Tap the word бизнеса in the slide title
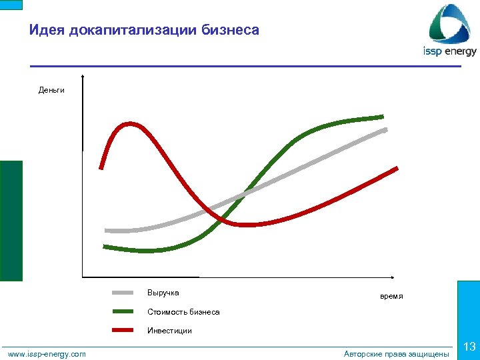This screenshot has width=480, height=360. [230, 30]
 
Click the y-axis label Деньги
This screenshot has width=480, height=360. [51, 90]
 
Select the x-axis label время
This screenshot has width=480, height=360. [391, 296]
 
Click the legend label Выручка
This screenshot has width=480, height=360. [163, 293]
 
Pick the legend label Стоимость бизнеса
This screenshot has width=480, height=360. [183, 311]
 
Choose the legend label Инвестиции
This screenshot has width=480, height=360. [169, 330]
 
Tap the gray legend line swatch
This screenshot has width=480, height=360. [124, 293]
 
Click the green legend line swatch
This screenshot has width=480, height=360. [124, 311]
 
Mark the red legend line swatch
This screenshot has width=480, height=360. [124, 330]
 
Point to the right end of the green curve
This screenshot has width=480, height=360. [382, 116]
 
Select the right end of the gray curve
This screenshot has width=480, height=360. [385, 129]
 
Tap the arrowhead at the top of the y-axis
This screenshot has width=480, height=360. [82, 76]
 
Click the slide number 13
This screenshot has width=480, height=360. [469, 347]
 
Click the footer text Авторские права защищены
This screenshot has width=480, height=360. [396, 354]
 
